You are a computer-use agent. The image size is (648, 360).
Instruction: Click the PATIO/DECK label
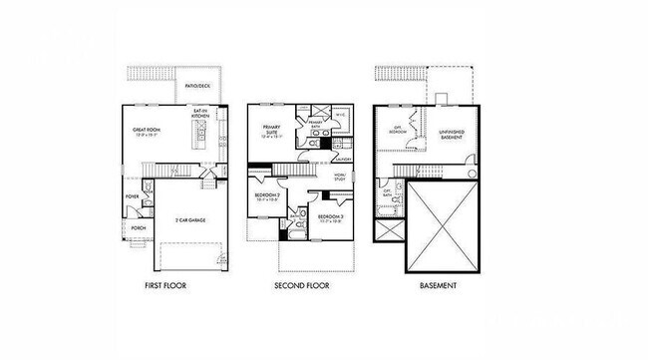point(197,87)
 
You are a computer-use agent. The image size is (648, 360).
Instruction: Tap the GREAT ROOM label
point(148,130)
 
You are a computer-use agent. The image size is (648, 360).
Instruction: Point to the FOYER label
point(133,196)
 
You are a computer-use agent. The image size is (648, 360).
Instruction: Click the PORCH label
point(139,227)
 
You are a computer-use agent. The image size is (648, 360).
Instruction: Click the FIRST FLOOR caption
point(164,286)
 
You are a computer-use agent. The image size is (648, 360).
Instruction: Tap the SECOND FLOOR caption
point(302,286)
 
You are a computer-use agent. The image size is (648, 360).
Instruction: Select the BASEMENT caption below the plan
point(439,286)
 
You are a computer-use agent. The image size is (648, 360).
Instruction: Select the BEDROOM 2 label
point(266,196)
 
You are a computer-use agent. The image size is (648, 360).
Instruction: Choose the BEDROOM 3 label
point(330,217)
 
